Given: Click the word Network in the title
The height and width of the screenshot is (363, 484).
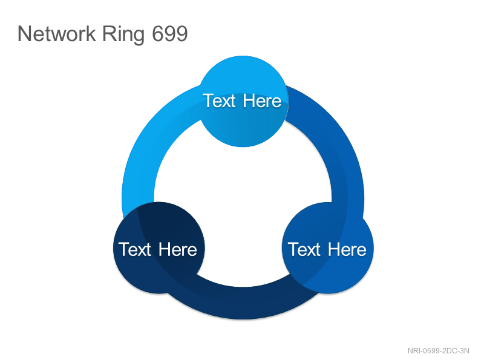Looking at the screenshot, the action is [57, 33].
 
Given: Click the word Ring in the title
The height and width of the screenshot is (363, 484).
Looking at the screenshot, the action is [123, 34].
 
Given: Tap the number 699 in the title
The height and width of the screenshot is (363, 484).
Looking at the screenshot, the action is [170, 33].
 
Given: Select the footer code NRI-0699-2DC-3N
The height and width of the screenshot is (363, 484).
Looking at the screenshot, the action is [438, 351].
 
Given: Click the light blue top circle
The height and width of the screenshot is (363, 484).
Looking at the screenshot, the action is [243, 101].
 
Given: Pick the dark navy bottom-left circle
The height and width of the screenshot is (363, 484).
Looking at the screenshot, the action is [159, 248].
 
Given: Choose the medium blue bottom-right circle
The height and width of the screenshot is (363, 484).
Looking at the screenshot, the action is [328, 248].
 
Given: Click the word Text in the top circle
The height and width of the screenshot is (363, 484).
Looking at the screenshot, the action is [220, 101].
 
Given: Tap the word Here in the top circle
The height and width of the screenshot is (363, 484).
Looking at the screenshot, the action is [262, 101].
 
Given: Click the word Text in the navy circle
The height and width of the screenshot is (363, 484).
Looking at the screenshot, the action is [135, 249].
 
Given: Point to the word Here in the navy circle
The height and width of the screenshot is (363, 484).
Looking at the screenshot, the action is [178, 249].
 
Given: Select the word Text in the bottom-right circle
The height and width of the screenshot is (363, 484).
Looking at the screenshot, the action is [304, 249].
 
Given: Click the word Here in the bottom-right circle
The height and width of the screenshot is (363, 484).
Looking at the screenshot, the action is [347, 249].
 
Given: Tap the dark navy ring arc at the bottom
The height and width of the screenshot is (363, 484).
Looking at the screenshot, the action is [243, 303].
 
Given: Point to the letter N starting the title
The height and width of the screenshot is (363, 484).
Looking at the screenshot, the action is [25, 33].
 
